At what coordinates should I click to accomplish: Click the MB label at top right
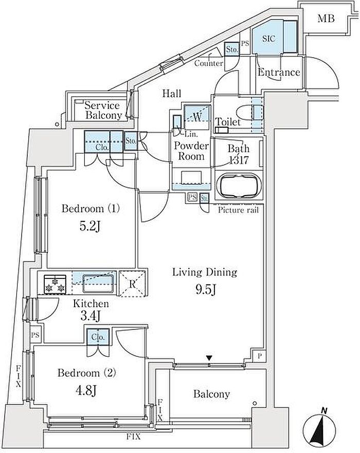point(326,19)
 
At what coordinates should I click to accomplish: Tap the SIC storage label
point(268,39)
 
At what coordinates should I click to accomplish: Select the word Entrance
point(279,72)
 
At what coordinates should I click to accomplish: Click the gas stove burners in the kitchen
point(55,284)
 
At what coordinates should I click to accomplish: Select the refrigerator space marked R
point(132,284)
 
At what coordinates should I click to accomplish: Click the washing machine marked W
point(197,117)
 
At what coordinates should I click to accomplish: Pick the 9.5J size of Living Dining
point(206,289)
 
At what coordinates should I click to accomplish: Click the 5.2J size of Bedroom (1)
point(91,226)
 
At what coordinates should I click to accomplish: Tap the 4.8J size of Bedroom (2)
point(86,391)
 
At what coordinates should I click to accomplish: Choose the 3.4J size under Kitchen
point(91,316)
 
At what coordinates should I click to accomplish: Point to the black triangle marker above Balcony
point(209,358)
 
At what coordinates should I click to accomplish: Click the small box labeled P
point(259,356)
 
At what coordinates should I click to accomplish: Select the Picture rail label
point(239,210)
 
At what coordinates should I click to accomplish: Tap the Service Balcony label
point(103,110)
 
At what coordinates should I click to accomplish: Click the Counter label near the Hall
point(209,63)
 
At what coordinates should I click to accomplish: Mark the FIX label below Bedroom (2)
point(134,437)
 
